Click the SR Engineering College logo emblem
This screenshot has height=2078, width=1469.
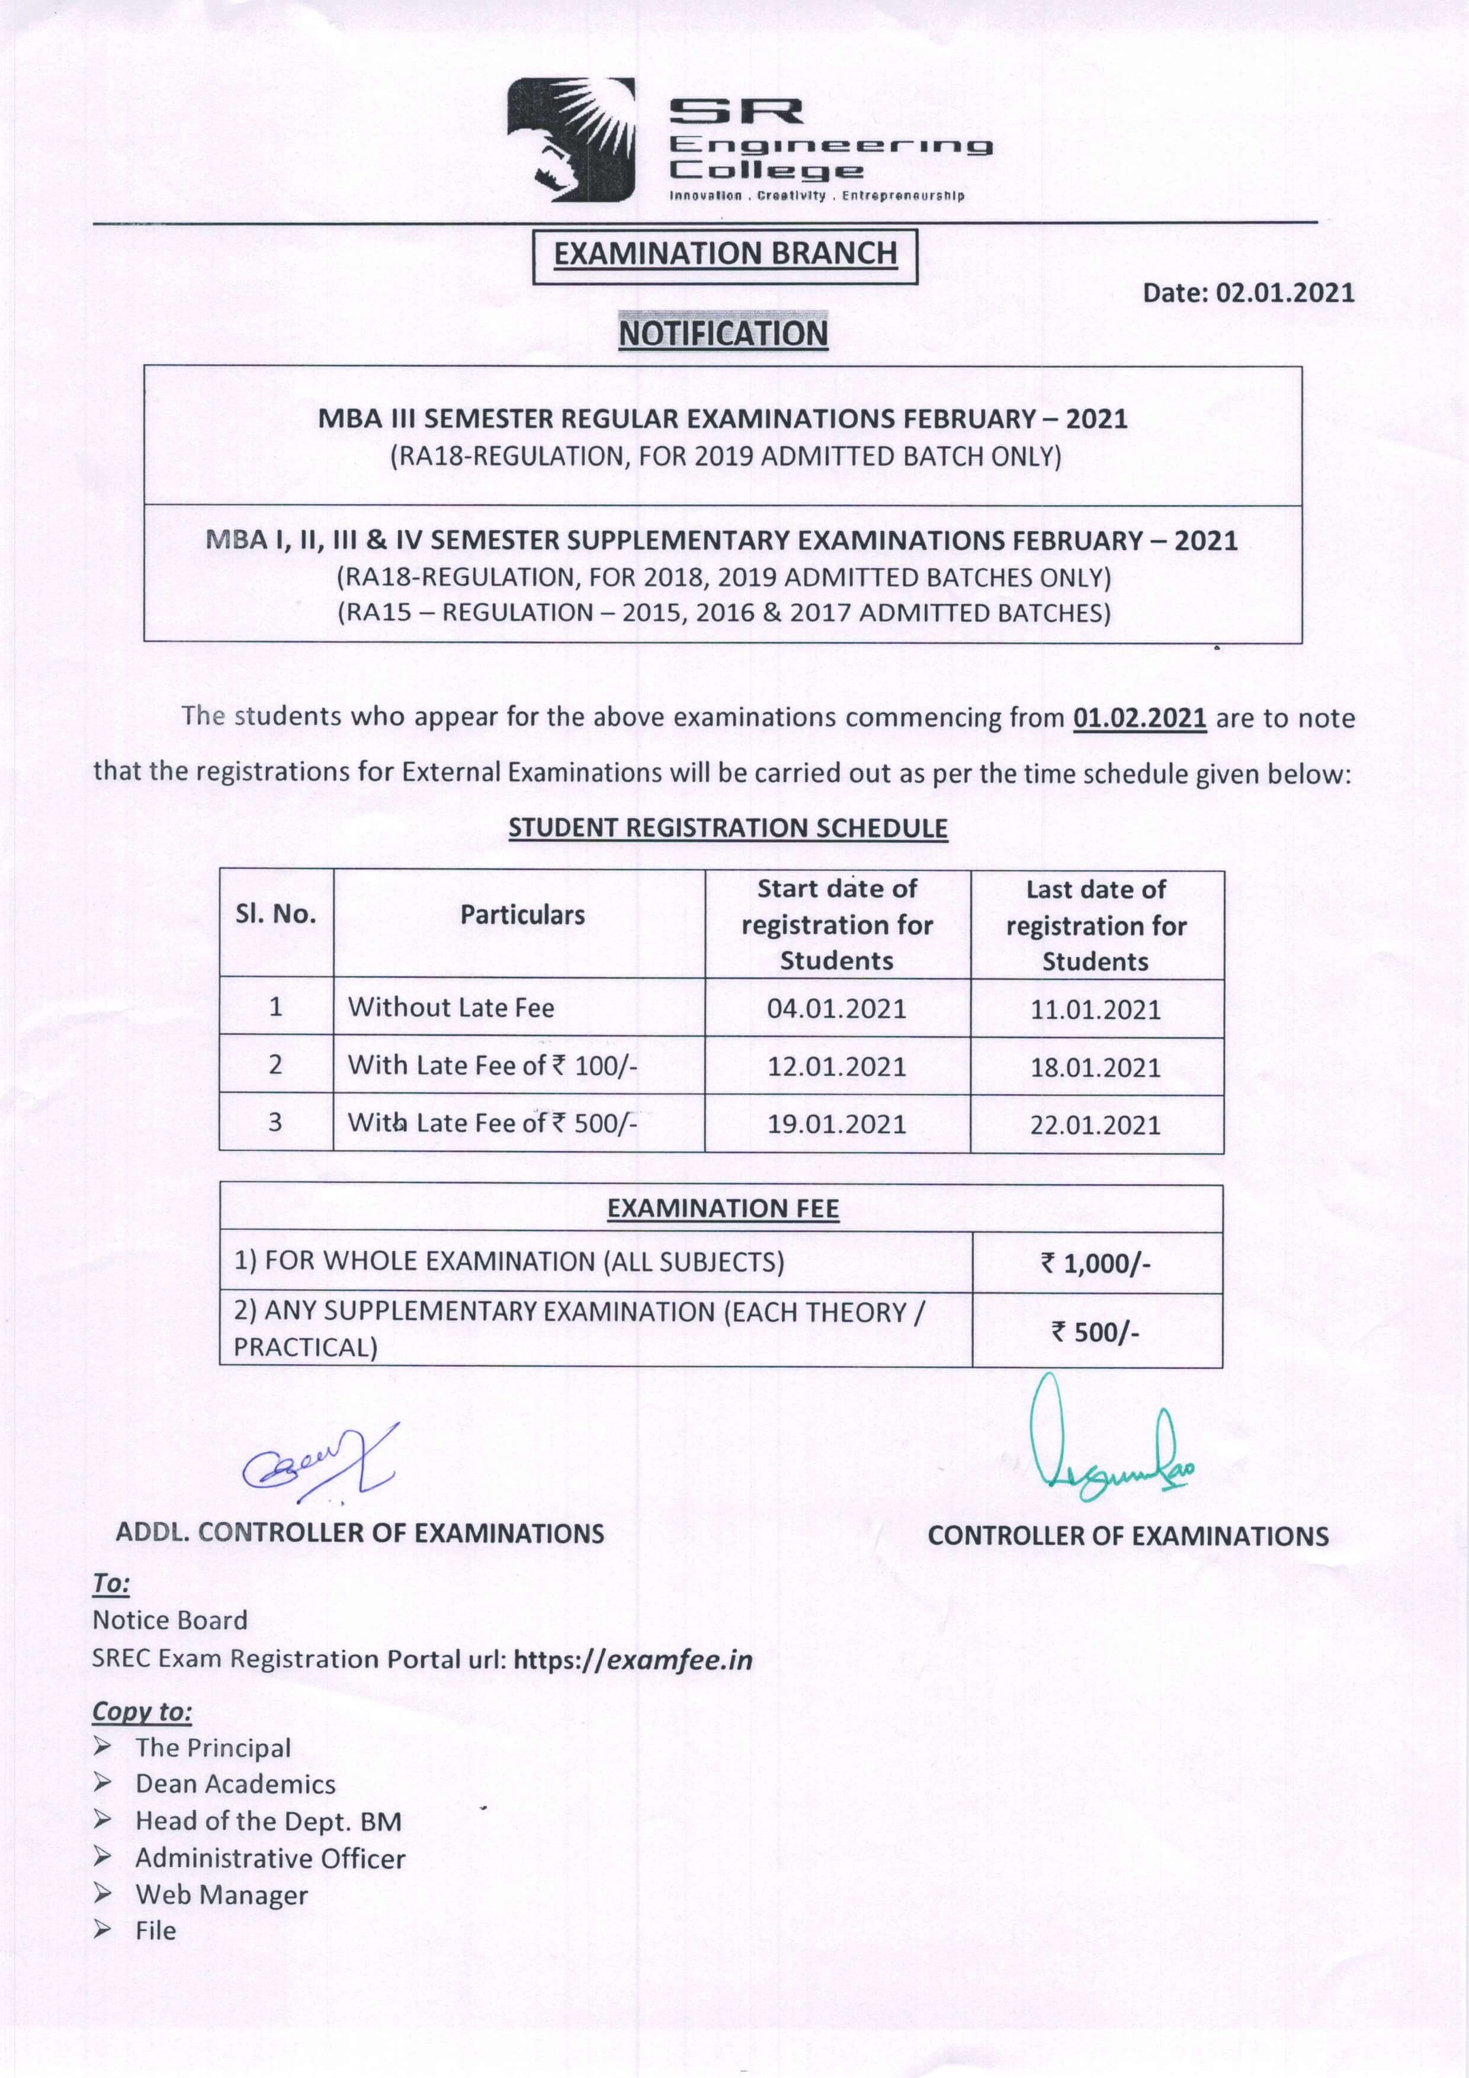pos(570,139)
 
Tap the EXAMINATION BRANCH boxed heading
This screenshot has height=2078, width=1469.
pos(725,254)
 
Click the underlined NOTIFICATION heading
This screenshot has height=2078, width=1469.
pos(723,334)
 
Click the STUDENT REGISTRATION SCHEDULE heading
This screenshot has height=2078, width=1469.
pos(728,828)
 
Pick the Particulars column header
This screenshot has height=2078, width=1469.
pos(522,915)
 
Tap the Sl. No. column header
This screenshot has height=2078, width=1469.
pos(276,915)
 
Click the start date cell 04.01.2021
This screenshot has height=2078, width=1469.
pos(836,1008)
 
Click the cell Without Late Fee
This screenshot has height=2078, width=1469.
pos(451,1008)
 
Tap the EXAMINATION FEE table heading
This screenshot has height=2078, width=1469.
pos(722,1209)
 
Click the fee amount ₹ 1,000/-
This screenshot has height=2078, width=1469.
pos(1095,1262)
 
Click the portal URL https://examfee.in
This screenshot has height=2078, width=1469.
pos(633,1660)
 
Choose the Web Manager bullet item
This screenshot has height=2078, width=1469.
pos(222,1894)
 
